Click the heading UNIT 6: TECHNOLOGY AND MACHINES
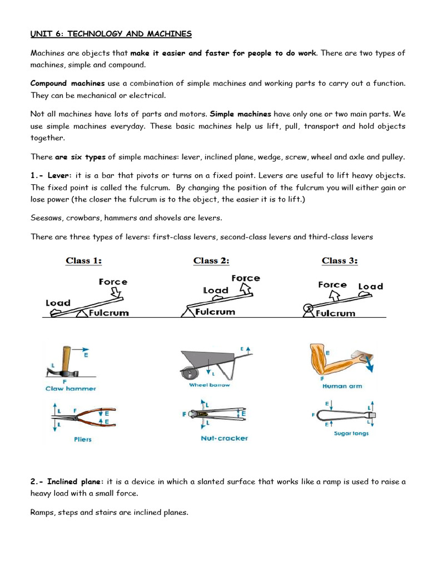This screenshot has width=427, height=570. pos(111,34)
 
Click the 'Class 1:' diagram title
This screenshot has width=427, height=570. pos(84,261)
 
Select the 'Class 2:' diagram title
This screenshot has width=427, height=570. pos(211,261)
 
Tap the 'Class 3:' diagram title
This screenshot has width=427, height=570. pos(340,261)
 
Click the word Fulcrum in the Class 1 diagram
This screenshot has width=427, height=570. pos(109,312)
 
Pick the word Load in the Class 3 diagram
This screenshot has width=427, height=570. pos(370,286)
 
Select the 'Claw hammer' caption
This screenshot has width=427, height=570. pos(71,389)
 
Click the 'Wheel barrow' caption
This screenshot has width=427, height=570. pos(210,385)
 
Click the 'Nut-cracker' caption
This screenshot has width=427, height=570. pos(224,438)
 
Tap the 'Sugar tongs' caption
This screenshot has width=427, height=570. pos(350,433)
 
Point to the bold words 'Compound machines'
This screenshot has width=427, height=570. pos(67,83)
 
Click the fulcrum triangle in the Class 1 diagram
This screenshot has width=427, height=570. pos(82,313)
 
